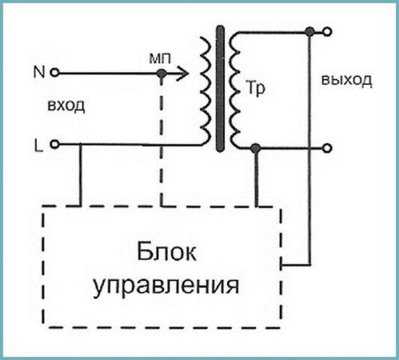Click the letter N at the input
pos(39,72)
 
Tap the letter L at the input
pos(38,146)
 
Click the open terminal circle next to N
pos(54,73)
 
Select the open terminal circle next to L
pos(55,144)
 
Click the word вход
pos(66,106)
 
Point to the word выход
pos(346,80)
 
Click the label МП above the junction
pos(160,58)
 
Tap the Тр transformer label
pos(256,88)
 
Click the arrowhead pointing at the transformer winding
pos(182,73)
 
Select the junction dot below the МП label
pos(162,73)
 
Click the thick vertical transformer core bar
pos(220,89)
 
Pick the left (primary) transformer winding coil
pos(205,90)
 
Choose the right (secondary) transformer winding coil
pos(234,90)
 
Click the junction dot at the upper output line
pos(309,32)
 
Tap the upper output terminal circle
pos(327,32)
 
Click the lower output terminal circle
pos(327,148)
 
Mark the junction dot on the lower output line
pos(256,148)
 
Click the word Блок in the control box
pos(166,252)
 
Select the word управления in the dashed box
pos(166,286)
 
